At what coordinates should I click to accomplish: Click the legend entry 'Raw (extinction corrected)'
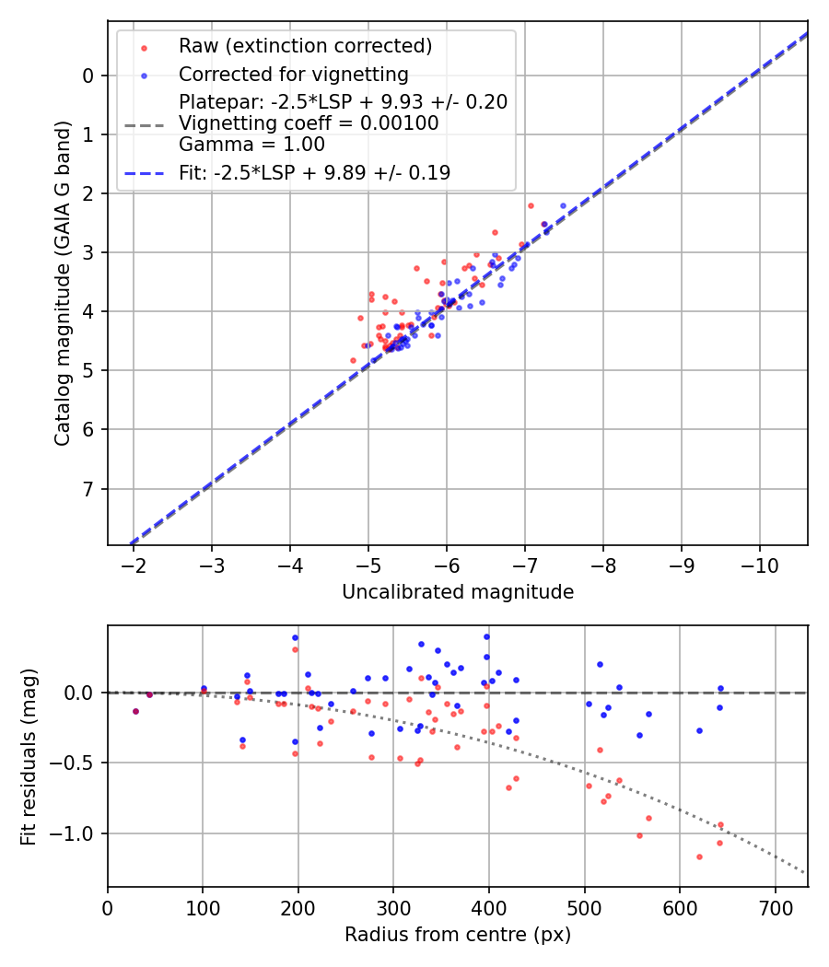[x=305, y=46]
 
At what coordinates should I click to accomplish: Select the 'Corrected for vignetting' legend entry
[x=293, y=74]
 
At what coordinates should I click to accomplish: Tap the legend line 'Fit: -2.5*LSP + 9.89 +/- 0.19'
[x=314, y=172]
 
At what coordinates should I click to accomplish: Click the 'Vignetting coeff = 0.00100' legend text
[x=309, y=122]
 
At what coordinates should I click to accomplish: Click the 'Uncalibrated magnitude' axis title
[x=458, y=592]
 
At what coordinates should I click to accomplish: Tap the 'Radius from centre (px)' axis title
[x=458, y=935]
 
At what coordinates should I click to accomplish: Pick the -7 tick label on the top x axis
[x=525, y=564]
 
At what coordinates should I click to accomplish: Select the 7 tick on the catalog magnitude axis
[x=89, y=488]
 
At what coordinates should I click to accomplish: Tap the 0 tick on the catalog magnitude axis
[x=89, y=76]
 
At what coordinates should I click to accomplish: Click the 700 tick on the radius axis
[x=775, y=906]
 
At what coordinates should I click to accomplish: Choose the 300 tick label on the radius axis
[x=393, y=906]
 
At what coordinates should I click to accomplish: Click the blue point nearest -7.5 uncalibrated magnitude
[x=563, y=205]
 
